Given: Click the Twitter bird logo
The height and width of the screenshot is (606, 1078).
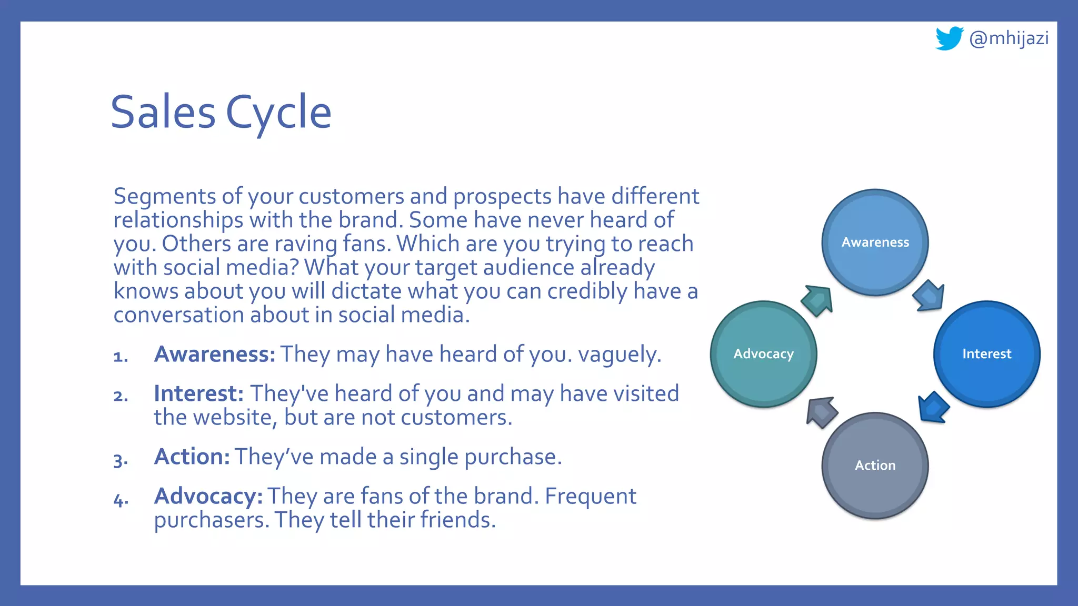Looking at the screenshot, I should click(x=949, y=38).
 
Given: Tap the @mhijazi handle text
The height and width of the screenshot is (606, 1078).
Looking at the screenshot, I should click(x=1009, y=38).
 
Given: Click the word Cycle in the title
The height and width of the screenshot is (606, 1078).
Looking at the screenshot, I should click(x=278, y=112).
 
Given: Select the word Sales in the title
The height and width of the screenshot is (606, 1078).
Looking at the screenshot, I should click(x=163, y=112).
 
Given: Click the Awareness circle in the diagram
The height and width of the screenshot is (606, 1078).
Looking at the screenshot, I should click(x=875, y=243).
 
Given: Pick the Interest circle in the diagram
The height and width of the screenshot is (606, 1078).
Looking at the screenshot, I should click(x=986, y=354).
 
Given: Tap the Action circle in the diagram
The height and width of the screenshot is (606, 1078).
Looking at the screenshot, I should click(x=875, y=466).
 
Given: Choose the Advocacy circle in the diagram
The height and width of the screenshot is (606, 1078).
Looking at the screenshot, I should click(x=763, y=354).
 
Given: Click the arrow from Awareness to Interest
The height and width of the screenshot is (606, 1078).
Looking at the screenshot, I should click(x=929, y=296).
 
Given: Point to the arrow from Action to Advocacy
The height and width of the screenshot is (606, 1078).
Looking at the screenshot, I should click(x=821, y=412).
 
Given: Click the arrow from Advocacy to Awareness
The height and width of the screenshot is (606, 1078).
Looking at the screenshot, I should click(x=817, y=300).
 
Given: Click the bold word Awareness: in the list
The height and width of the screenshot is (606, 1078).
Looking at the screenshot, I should click(x=215, y=354).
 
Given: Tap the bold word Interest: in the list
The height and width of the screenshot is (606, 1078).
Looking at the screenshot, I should click(x=198, y=393).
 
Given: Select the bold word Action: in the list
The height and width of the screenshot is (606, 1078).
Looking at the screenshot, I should click(x=192, y=457).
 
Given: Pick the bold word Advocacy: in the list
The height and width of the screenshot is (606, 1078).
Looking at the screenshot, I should click(x=208, y=496).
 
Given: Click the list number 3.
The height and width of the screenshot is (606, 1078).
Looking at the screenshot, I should click(x=120, y=460).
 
